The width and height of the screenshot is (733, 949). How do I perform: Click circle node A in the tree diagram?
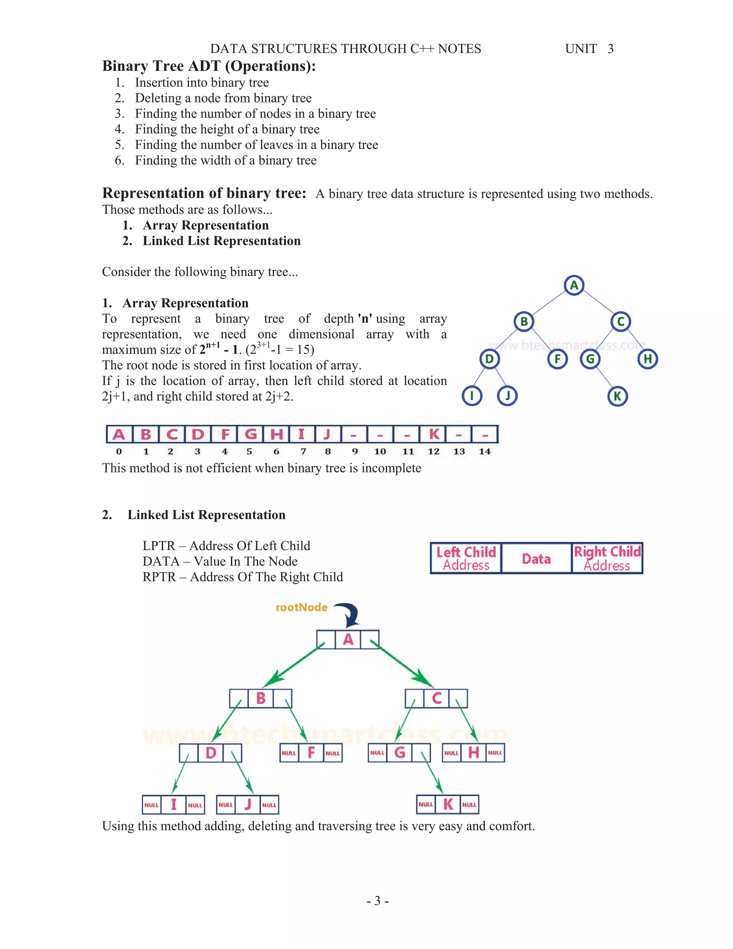574,285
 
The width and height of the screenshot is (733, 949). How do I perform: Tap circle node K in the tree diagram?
617,396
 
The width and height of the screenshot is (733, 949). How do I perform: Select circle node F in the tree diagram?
558,359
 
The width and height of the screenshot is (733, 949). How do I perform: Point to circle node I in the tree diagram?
472,396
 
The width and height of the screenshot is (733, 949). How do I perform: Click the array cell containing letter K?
433,434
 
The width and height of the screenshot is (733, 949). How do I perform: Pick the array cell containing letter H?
276,434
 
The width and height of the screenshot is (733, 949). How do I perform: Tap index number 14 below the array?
485,452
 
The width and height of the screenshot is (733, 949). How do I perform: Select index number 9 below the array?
355,452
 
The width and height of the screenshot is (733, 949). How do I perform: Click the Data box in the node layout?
536,558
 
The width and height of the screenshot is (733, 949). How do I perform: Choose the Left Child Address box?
466,558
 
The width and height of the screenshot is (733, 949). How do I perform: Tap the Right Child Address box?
607,558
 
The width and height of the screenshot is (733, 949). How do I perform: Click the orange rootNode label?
301,607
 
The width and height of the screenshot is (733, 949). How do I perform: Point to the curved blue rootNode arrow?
350,613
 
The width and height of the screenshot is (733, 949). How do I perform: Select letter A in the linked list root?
348,640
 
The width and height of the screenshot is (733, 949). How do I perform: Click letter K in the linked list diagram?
448,804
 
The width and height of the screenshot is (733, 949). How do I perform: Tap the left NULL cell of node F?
289,753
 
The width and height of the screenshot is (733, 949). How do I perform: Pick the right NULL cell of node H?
495,753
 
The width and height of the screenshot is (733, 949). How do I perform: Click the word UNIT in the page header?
581,49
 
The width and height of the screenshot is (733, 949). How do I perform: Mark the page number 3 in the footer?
377,901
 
